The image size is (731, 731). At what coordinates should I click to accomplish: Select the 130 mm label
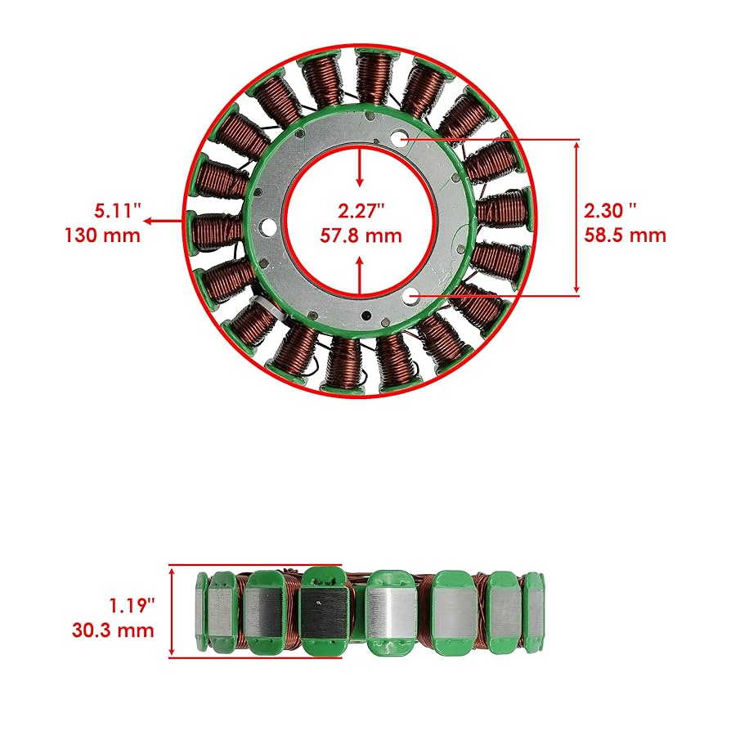(x=102, y=235)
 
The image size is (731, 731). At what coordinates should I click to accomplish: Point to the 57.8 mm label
(x=361, y=235)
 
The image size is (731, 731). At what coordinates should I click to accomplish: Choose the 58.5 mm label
(x=626, y=235)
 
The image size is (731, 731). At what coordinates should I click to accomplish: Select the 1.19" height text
(x=131, y=607)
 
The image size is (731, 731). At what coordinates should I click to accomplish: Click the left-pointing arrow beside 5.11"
(x=164, y=221)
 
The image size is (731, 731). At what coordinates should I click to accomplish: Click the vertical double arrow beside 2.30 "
(x=577, y=217)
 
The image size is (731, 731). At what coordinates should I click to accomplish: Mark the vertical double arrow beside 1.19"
(x=173, y=610)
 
